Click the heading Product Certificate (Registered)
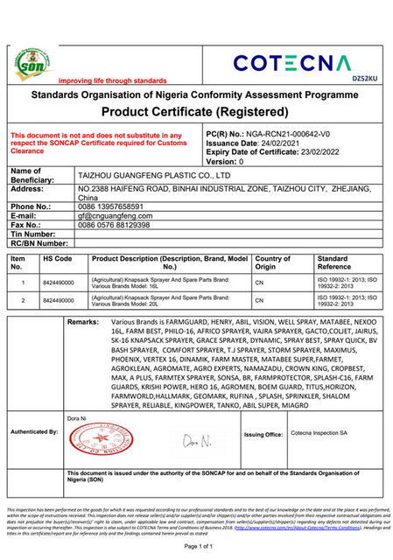click(195, 112)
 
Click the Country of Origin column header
click(272, 263)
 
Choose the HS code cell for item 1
click(59, 283)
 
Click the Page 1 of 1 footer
click(196, 546)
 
